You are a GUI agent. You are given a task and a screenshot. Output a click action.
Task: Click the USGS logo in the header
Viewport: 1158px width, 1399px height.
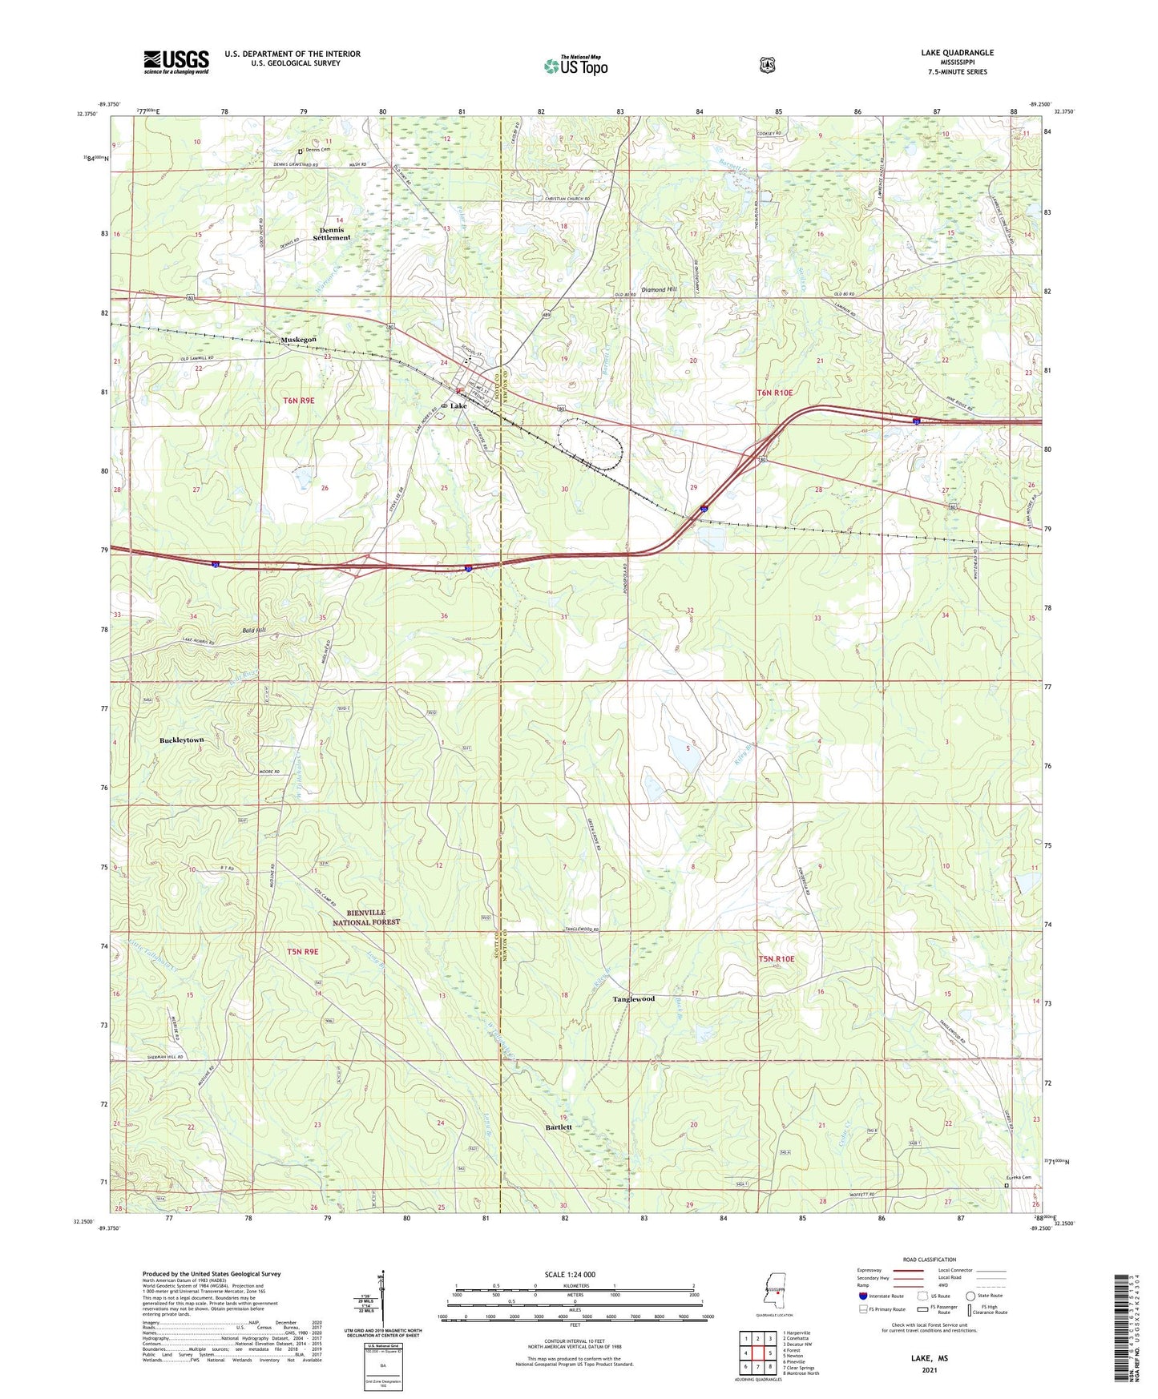pos(176,62)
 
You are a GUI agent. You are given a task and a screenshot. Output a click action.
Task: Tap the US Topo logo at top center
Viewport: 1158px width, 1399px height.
pos(575,66)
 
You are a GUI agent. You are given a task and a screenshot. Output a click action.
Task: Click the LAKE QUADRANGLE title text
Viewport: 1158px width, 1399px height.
pos(957,53)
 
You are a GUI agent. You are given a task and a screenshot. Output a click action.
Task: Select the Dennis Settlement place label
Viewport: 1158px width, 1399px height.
pos(332,234)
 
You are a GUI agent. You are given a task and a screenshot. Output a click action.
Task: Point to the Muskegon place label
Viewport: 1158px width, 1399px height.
pos(298,340)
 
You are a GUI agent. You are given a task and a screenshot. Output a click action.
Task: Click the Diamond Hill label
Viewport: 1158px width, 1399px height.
pos(659,289)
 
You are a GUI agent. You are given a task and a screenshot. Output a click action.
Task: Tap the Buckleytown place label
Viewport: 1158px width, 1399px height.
pos(182,740)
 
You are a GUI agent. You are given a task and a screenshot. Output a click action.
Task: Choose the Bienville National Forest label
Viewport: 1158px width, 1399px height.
pos(366,917)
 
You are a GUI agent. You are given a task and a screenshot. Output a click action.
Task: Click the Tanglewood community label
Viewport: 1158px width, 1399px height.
pos(633,999)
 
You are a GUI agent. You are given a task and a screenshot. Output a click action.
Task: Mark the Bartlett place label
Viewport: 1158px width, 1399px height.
pos(559,1127)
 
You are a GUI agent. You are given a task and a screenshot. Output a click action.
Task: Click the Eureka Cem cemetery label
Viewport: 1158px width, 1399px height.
pos(1018,1177)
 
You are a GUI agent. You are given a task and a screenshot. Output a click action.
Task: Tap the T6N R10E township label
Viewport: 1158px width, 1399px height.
pos(774,393)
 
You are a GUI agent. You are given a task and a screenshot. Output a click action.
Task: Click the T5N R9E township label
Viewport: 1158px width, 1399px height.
pos(302,952)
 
